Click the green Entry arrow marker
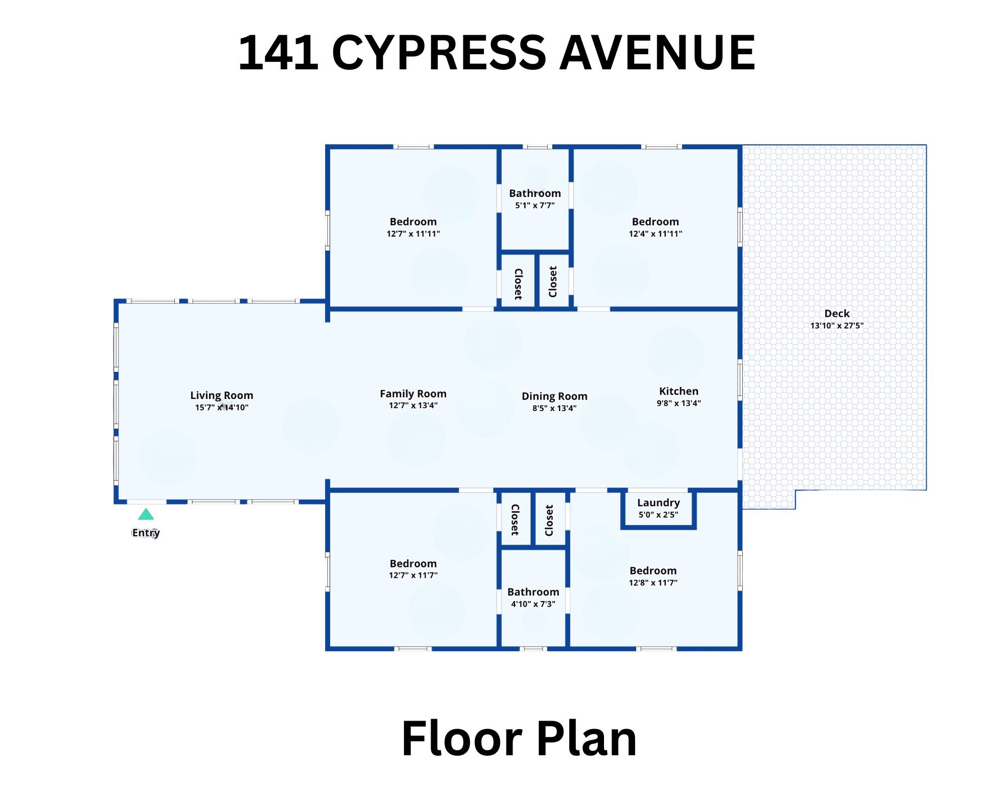point(146,514)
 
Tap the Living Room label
point(222,395)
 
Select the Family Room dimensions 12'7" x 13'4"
point(413,406)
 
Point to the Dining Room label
point(554,396)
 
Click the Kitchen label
point(679,391)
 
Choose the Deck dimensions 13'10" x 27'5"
point(837,326)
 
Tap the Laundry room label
point(658,503)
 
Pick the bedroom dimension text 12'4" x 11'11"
point(655,234)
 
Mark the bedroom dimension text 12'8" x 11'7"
point(653,583)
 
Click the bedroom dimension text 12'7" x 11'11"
point(413,234)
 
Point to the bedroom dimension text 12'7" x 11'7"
point(413,575)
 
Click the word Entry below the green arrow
point(146,533)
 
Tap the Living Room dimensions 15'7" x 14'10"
point(222,408)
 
